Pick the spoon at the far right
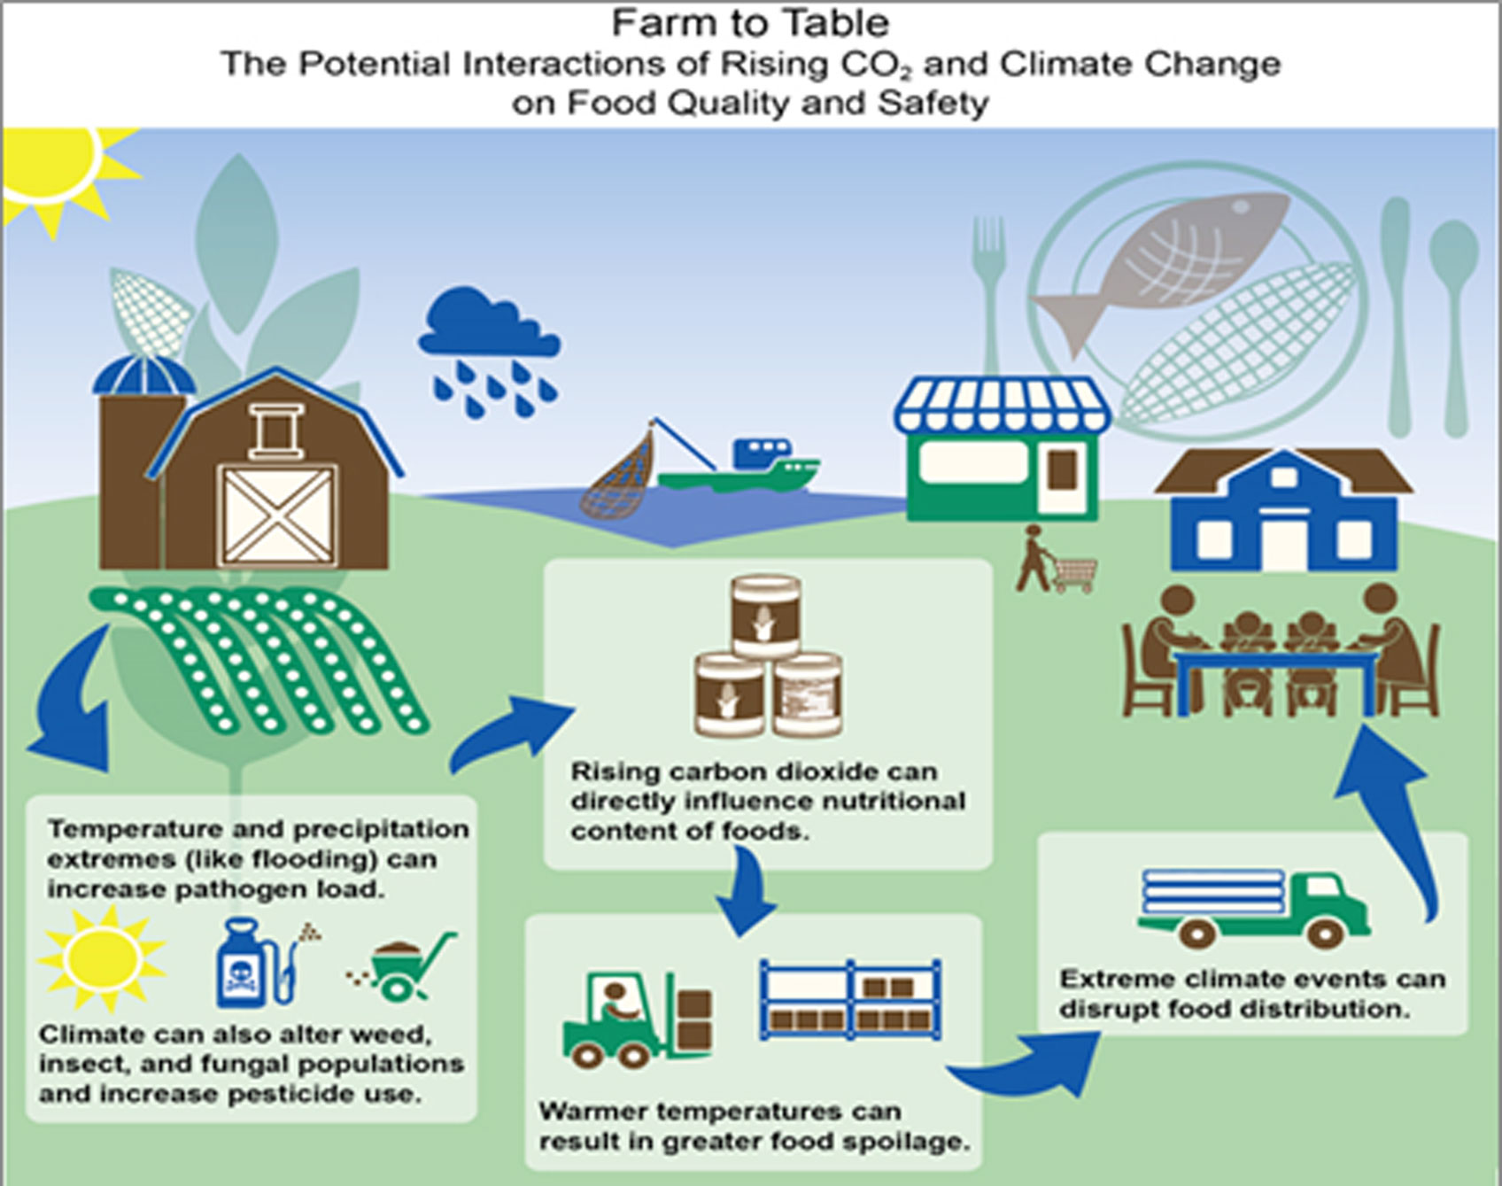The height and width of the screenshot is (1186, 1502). coord(1454,328)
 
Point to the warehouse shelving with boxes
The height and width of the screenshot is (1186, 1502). coord(850,999)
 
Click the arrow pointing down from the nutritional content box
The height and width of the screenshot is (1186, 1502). coord(747,891)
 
